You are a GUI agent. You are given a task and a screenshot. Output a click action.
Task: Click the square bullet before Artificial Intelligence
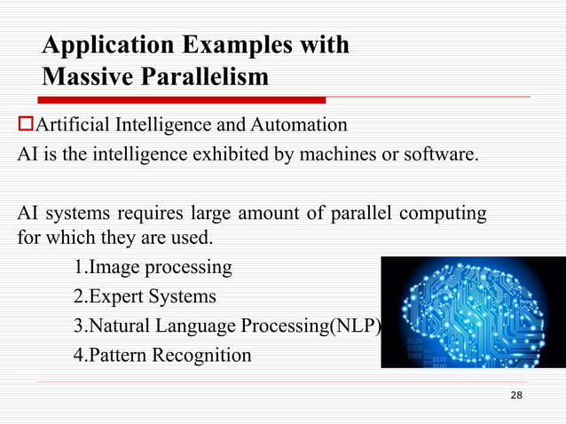pyautogui.click(x=25, y=123)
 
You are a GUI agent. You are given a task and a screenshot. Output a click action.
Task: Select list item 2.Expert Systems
pyautogui.click(x=145, y=296)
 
